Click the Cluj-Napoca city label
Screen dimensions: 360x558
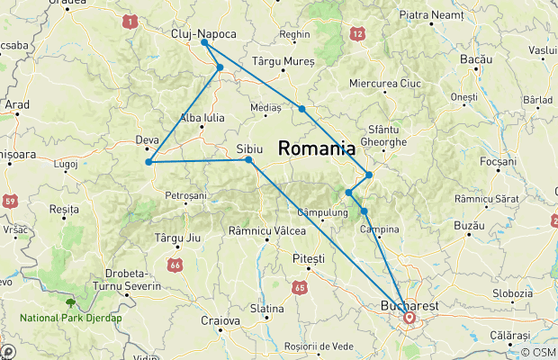(x=203, y=34)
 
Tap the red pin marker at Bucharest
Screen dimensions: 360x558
(x=410, y=317)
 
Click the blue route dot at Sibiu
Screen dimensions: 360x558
(x=248, y=160)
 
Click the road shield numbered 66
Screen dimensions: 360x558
(x=175, y=265)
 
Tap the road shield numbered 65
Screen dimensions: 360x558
(x=299, y=288)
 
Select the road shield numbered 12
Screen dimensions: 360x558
(x=358, y=34)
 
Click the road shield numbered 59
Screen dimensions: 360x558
(x=8, y=200)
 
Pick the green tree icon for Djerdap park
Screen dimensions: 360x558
(x=70, y=303)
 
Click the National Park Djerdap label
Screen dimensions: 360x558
(x=72, y=318)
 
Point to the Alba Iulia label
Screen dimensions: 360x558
(x=202, y=118)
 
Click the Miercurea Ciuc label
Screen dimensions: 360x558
(x=384, y=84)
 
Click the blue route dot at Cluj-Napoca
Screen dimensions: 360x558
(x=205, y=42)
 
